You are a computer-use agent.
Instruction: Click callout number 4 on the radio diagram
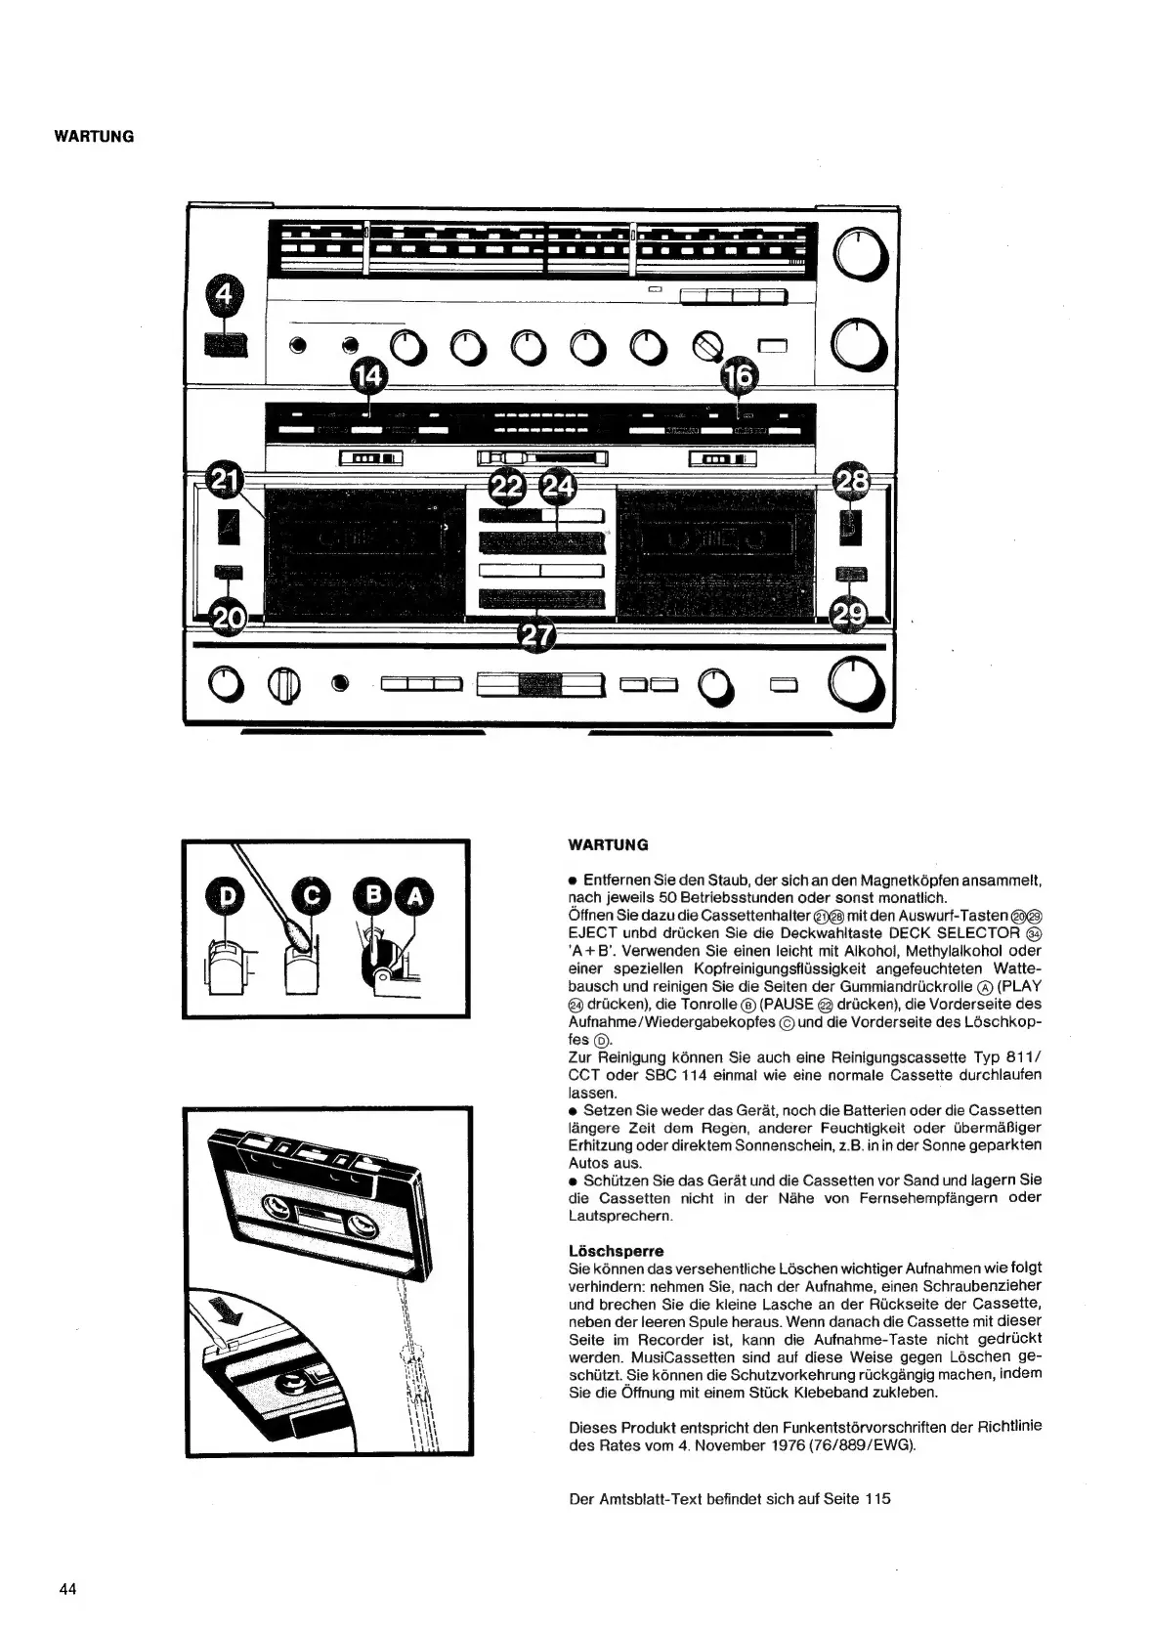[225, 296]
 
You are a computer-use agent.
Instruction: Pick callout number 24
[558, 486]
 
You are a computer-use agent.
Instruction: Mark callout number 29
[848, 613]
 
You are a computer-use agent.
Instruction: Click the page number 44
[67, 1588]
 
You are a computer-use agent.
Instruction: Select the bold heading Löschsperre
[616, 1250]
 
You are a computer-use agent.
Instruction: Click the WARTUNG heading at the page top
[94, 136]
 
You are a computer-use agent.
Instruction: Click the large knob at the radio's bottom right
[857, 682]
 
